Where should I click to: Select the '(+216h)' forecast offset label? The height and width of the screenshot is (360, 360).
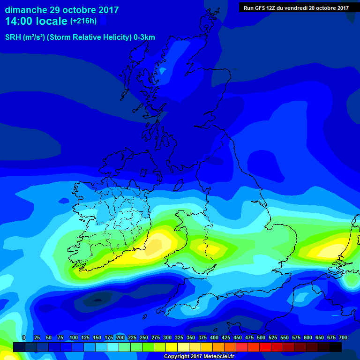point(83,21)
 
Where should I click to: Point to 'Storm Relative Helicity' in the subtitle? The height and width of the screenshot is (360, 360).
point(88,37)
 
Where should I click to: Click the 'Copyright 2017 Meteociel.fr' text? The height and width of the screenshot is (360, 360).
point(198,356)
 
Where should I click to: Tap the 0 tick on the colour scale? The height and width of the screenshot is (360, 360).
point(24,337)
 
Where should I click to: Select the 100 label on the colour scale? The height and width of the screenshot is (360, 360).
point(73,337)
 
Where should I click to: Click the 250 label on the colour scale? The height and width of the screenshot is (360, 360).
point(143,337)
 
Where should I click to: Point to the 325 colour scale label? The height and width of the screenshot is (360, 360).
point(179,337)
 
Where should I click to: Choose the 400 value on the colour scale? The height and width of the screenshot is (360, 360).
point(214,337)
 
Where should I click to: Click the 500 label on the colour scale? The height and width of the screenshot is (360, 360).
point(261,337)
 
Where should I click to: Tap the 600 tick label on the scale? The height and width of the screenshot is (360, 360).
point(308,337)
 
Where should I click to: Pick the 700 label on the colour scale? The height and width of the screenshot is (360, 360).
point(343,337)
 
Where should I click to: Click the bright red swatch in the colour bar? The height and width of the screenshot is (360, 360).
point(253,347)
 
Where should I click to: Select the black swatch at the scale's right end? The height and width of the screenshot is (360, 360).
point(336,347)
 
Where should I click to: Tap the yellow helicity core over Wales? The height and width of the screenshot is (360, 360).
point(205,247)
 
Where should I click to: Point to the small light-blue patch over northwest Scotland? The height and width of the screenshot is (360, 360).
point(163,71)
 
